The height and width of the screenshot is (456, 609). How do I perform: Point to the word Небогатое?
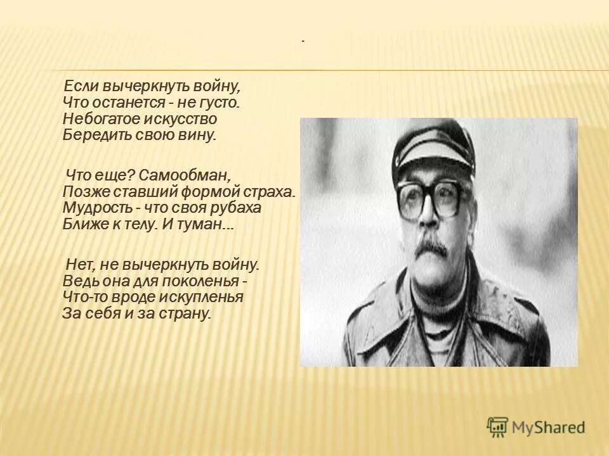[98, 118]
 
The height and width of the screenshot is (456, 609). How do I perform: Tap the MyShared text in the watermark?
[549, 427]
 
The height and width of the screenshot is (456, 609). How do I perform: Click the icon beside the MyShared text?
[497, 427]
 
